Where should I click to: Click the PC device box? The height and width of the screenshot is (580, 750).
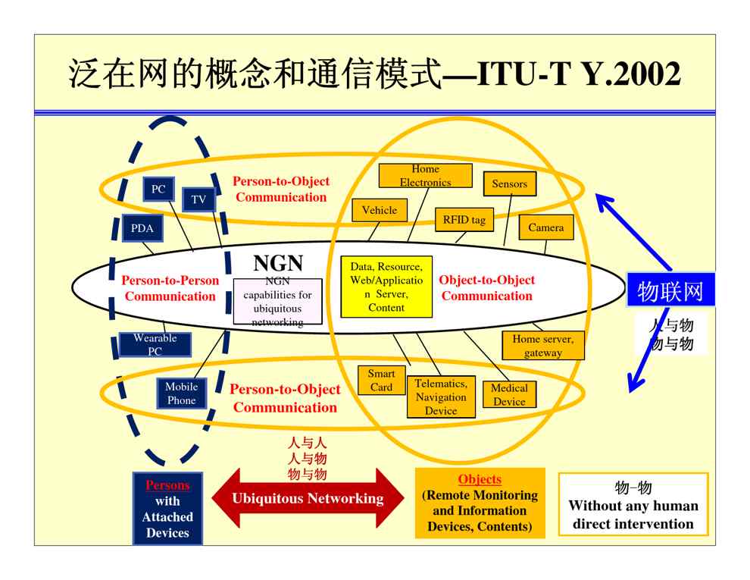[x=158, y=189]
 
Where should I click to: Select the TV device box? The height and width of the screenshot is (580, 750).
[x=198, y=199]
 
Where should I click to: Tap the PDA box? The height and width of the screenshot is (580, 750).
[x=142, y=228]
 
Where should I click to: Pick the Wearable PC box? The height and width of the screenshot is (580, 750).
[x=155, y=345]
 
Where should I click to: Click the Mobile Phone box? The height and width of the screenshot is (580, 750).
[x=181, y=393]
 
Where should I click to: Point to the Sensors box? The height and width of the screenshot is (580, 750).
[x=509, y=183]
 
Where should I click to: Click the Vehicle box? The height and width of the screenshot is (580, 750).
[x=380, y=210]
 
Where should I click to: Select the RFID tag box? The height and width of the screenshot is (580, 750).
[x=464, y=220]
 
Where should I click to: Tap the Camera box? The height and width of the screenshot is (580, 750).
[x=545, y=227]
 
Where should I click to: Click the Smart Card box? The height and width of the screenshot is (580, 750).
[x=382, y=381]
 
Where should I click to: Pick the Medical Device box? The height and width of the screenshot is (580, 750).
[x=509, y=394]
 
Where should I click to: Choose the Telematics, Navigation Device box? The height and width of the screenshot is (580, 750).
[x=441, y=397]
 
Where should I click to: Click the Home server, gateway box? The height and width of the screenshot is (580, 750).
[x=542, y=346]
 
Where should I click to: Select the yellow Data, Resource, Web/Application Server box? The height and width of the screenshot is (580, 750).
[x=386, y=287]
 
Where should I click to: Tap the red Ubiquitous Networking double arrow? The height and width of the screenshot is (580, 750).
[x=308, y=499]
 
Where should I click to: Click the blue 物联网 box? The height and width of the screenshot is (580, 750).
[x=670, y=290]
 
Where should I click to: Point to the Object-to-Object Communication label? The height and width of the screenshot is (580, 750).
[x=487, y=288]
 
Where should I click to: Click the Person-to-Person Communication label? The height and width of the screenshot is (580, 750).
[x=170, y=288]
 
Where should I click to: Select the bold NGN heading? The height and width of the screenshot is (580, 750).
[x=277, y=263]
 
